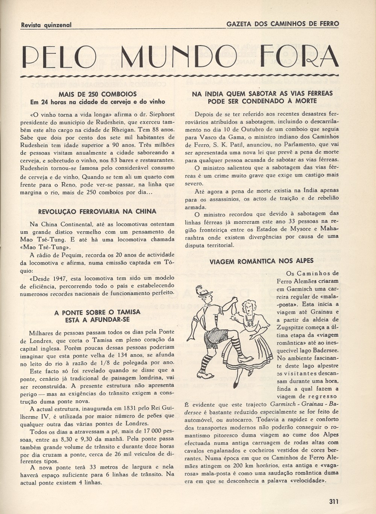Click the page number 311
[x=334, y=501]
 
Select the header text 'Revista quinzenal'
[x=46, y=25]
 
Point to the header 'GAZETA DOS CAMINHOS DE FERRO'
[x=282, y=24]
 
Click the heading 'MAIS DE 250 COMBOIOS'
[x=97, y=94]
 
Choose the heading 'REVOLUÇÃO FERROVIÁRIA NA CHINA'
[x=97, y=211]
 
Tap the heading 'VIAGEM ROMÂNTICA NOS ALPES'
[x=261, y=261]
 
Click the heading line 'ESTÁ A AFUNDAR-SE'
[x=97, y=320]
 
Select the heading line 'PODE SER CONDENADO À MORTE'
[x=262, y=101]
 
